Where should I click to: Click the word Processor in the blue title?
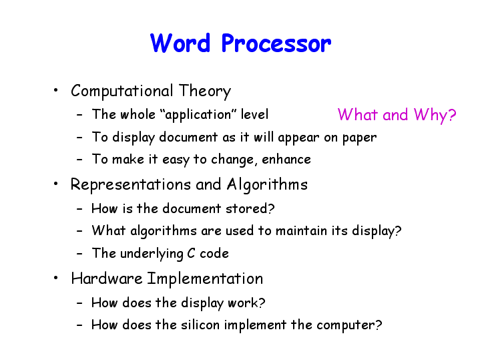(x=276, y=43)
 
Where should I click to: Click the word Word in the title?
(x=180, y=43)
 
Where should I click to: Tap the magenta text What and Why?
(x=397, y=115)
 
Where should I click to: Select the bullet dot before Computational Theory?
(x=55, y=90)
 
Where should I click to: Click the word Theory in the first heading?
(x=205, y=92)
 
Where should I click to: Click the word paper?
(x=359, y=138)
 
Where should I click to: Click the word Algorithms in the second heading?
(x=267, y=185)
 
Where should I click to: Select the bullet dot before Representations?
(x=55, y=184)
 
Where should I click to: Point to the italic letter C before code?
(x=191, y=253)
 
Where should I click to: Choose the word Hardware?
(x=107, y=279)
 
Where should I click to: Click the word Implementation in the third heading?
(x=205, y=279)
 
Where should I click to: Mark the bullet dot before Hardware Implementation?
(x=55, y=278)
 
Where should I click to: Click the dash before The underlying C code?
(x=79, y=254)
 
